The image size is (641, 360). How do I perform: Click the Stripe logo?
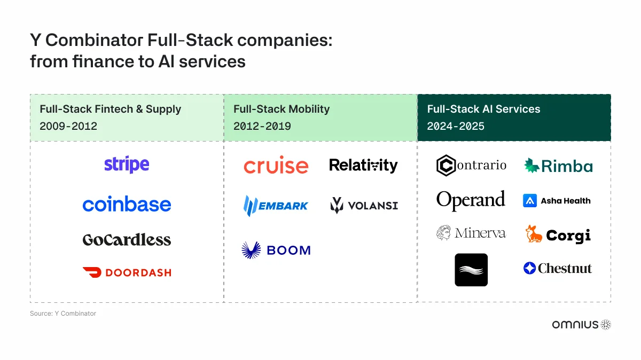click(x=127, y=165)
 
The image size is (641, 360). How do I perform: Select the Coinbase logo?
click(x=127, y=204)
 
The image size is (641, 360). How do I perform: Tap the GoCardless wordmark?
click(x=127, y=239)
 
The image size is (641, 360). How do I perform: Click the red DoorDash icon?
click(x=92, y=272)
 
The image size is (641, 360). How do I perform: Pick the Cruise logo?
click(x=276, y=166)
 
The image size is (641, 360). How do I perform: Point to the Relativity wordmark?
click(x=363, y=166)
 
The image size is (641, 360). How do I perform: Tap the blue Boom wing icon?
click(x=251, y=250)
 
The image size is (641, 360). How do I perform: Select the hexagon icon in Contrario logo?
click(x=445, y=166)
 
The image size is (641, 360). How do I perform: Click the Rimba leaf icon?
click(x=531, y=166)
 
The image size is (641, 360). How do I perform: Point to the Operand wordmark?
click(x=471, y=200)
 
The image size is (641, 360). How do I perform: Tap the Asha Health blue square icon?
click(x=530, y=201)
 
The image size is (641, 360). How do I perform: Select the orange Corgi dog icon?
click(x=533, y=234)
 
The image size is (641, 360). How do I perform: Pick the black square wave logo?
click(x=471, y=270)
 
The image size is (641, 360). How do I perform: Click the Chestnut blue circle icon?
click(x=529, y=268)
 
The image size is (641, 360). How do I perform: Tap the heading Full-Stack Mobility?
click(x=282, y=109)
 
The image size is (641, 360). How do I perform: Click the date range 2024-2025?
click(x=456, y=127)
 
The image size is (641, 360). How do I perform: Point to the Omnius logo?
click(x=581, y=324)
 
